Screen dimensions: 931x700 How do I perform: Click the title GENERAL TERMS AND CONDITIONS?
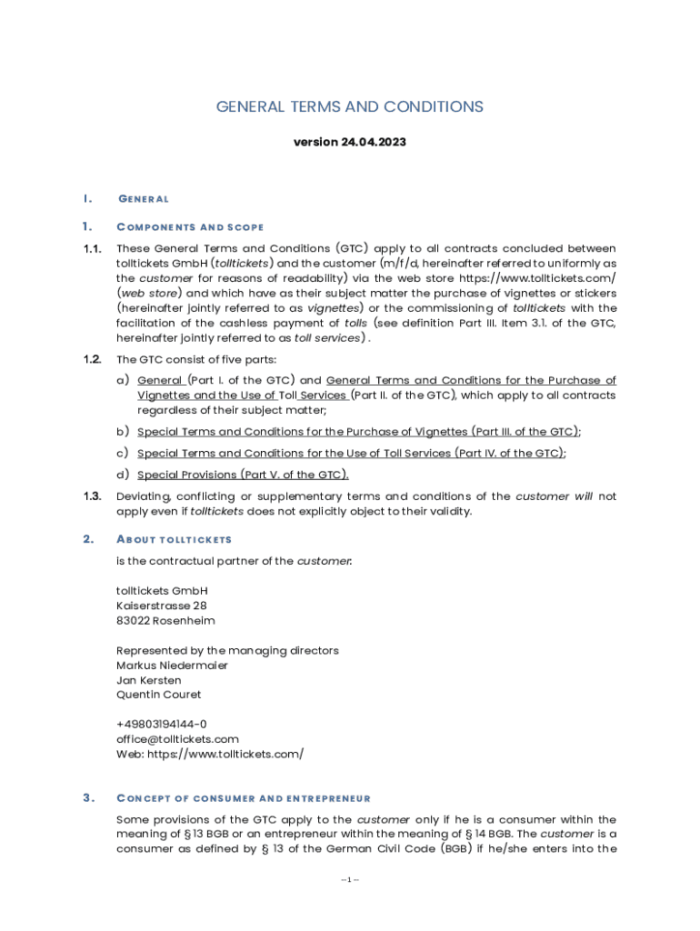(x=349, y=107)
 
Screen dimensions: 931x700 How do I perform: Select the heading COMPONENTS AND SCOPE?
(x=191, y=226)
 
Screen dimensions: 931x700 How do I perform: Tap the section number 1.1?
(x=91, y=249)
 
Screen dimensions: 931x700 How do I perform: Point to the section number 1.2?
(x=91, y=359)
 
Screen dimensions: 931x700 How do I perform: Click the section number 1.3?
(x=91, y=496)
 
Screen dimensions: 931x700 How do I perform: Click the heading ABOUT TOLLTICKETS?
(x=175, y=540)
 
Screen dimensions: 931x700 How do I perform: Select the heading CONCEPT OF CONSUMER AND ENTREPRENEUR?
(x=244, y=798)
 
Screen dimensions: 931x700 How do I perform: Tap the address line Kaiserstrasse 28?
(x=162, y=606)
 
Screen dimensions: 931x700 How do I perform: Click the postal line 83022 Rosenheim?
(x=165, y=621)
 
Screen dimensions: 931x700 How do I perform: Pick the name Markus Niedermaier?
(x=172, y=666)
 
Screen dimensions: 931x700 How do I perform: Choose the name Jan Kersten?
(x=148, y=680)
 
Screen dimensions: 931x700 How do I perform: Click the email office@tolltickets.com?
(x=177, y=739)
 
